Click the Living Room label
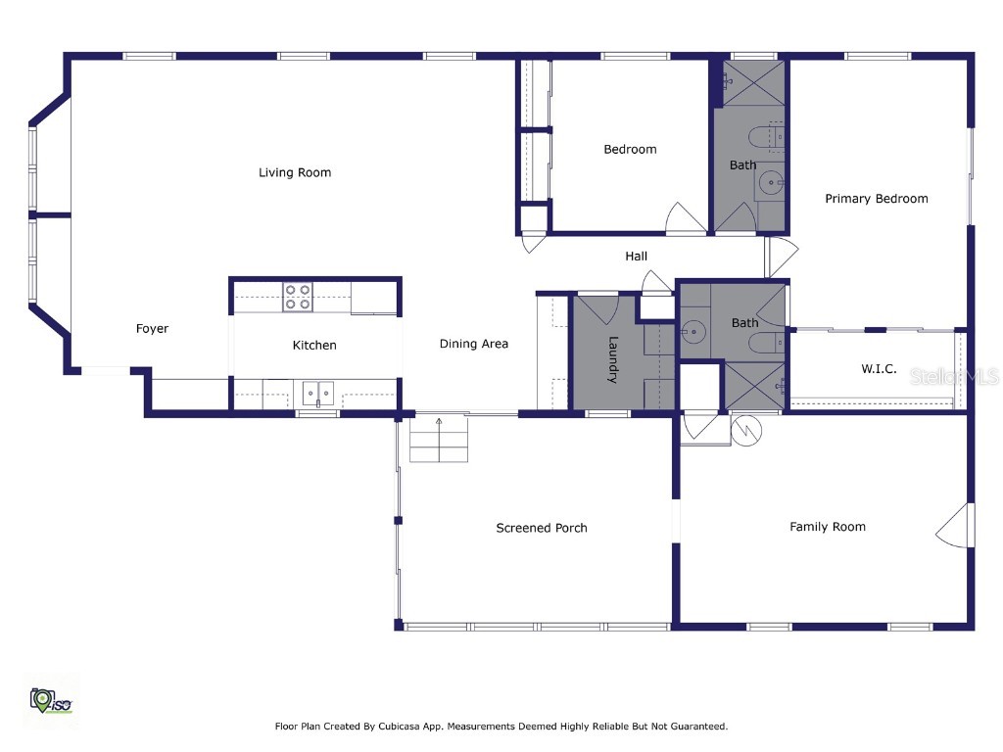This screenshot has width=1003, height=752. pyautogui.click(x=295, y=172)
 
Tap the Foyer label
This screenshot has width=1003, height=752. pyautogui.click(x=152, y=329)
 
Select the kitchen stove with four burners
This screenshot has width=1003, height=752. pyautogui.click(x=297, y=297)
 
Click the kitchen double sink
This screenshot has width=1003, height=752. pyautogui.click(x=317, y=394)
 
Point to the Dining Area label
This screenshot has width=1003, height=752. pyautogui.click(x=473, y=344)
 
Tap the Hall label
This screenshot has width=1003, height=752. pyautogui.click(x=637, y=257)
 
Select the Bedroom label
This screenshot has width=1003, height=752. pyautogui.click(x=630, y=150)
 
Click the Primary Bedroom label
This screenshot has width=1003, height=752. pyautogui.click(x=876, y=199)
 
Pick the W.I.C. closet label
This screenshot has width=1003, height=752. pyautogui.click(x=879, y=369)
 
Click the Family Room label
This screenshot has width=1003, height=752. pyautogui.click(x=828, y=527)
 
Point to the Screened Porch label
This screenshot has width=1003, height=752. pyautogui.click(x=542, y=528)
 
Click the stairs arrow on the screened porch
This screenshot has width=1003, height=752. pyautogui.click(x=439, y=424)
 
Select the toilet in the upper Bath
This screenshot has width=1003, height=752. pyautogui.click(x=764, y=137)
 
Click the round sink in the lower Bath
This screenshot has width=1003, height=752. pyautogui.click(x=695, y=331)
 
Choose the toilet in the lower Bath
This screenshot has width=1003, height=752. pyautogui.click(x=763, y=343)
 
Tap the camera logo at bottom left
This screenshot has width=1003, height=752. pyautogui.click(x=48, y=699)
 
